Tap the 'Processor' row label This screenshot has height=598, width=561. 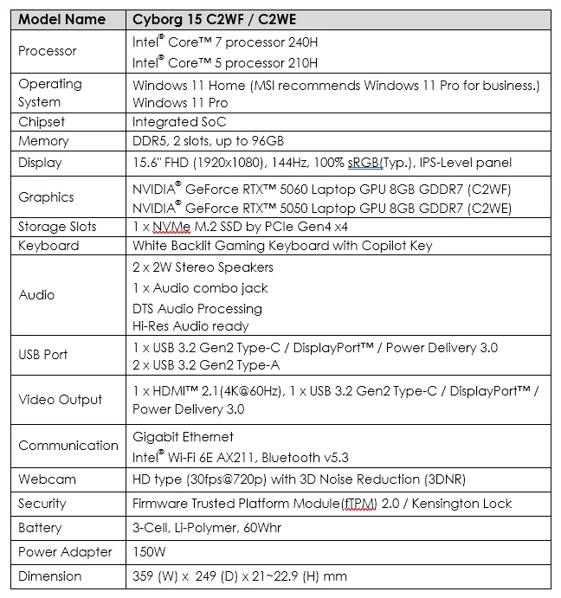click(x=48, y=51)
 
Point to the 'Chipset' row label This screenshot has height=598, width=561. click(x=42, y=122)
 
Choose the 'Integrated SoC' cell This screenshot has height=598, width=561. click(x=179, y=122)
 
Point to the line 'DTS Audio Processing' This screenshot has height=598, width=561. click(x=197, y=309)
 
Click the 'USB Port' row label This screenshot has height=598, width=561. click(x=42, y=354)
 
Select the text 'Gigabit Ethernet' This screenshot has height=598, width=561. click(x=183, y=437)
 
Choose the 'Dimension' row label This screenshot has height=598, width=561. click(x=50, y=576)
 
